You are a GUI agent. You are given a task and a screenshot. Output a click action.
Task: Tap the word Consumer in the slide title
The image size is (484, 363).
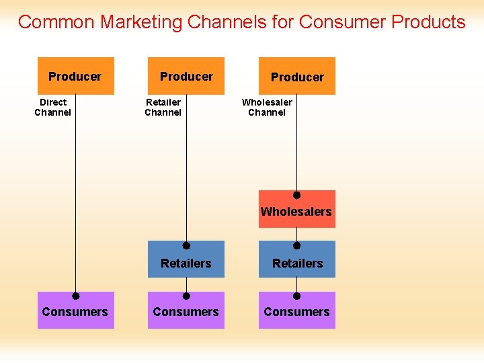342,22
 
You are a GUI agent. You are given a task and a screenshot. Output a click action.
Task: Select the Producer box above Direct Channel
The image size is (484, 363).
75,76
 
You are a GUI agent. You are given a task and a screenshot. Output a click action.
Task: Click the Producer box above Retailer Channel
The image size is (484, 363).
186,76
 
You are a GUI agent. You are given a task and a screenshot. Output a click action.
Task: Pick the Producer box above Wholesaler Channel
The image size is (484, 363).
297,77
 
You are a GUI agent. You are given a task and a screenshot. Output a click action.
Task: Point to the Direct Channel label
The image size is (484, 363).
53,108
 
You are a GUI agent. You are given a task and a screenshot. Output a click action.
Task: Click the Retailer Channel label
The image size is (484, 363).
163,108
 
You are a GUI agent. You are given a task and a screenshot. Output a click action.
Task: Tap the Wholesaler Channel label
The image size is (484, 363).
267,108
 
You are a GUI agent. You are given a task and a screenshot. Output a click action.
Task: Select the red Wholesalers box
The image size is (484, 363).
296,211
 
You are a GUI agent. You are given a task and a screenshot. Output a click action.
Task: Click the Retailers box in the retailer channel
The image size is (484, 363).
186,263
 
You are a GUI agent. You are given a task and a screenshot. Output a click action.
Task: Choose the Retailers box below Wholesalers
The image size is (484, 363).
297,263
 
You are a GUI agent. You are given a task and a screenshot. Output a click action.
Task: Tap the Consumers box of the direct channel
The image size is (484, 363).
75,312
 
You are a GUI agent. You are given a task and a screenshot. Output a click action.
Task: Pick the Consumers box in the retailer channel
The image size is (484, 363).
186,312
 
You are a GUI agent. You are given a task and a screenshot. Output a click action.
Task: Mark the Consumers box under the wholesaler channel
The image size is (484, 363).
297,312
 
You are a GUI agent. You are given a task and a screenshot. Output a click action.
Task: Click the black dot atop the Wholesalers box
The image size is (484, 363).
296,195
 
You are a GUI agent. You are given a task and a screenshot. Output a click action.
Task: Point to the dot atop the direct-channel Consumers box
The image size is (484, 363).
76,296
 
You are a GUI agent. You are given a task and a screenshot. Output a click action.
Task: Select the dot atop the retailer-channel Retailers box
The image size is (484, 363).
187,246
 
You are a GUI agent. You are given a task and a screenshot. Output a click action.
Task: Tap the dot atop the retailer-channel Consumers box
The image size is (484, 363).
187,296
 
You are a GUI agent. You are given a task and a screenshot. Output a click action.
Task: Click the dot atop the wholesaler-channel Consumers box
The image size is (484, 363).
296,296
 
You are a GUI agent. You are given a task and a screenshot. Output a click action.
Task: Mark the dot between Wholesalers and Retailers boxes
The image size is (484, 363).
296,246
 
